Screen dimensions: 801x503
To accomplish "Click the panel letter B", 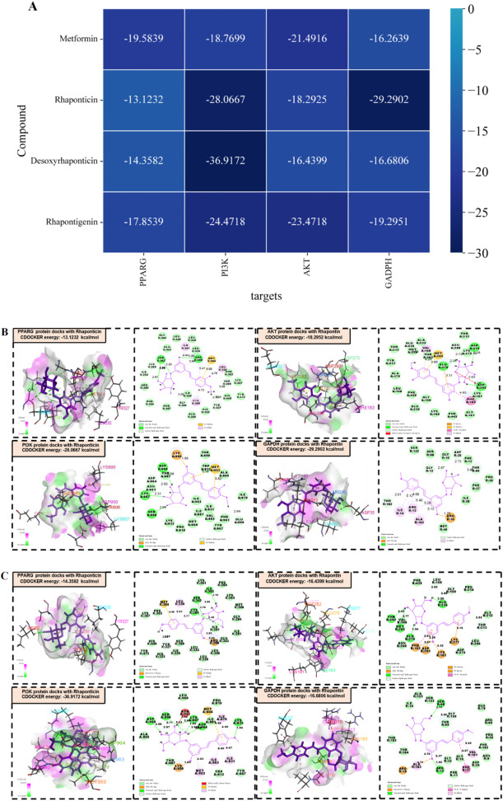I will [6, 334].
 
